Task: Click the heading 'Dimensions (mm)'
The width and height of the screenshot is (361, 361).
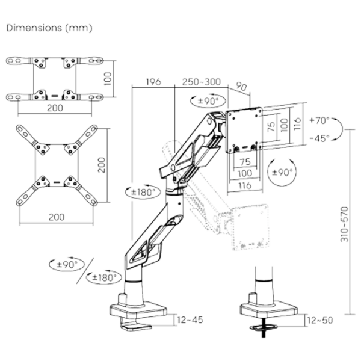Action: (49, 28)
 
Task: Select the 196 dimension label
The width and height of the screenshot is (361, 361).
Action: (153, 82)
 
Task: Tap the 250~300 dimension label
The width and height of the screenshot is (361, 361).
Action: (202, 82)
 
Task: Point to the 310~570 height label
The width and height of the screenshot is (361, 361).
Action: (345, 224)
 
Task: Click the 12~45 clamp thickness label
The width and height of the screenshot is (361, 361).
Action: (190, 320)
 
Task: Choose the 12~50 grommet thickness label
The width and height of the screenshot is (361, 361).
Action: (320, 321)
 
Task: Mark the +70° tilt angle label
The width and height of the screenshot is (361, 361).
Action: (319, 120)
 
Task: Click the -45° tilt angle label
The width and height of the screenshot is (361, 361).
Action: (319, 138)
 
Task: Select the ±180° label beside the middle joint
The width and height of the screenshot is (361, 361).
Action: (143, 192)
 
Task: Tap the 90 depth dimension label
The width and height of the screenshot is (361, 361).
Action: (241, 86)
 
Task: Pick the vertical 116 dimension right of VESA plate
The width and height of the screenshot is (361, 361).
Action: (297, 123)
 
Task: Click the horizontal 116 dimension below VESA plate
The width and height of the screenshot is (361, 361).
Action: (245, 185)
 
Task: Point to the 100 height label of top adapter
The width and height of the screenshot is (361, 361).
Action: (108, 79)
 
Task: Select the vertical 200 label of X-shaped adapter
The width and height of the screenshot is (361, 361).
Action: (102, 165)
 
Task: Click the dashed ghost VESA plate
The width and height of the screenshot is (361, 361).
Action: (250, 227)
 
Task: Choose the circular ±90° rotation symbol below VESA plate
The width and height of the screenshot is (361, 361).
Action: (282, 172)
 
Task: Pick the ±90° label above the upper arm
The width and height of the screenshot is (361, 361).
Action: (208, 100)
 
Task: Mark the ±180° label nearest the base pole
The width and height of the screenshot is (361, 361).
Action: (104, 277)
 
